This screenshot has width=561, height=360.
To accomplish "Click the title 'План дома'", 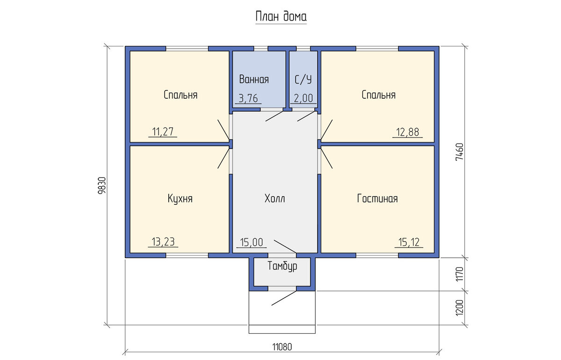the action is (281, 17).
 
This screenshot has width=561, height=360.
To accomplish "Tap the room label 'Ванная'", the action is (254, 79).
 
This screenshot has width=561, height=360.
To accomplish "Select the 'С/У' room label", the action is (303, 79).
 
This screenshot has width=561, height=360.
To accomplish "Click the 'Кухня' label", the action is (180, 199).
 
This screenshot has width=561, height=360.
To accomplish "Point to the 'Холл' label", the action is (275, 199).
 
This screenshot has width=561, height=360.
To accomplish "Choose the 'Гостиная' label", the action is (377, 199).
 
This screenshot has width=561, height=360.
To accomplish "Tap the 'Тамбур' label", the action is (282, 266).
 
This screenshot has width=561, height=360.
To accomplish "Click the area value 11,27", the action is (163, 132).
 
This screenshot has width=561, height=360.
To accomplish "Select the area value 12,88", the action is (408, 132).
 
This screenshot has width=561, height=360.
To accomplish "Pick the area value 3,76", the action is (248, 99).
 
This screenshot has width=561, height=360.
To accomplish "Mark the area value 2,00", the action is (303, 99).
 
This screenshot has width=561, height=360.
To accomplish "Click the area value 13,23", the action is (163, 242).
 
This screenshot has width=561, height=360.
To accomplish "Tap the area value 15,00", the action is (252, 243).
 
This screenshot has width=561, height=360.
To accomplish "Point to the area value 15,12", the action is (409, 243).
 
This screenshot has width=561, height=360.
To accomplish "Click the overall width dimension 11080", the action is (282, 347).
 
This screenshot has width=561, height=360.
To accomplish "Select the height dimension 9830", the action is (102, 186).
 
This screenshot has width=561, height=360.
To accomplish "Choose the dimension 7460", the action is (460, 152).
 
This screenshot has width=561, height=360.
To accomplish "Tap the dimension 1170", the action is (460, 274).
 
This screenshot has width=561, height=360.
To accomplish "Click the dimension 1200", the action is (460, 308).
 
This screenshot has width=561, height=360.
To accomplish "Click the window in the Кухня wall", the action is (187, 255).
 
